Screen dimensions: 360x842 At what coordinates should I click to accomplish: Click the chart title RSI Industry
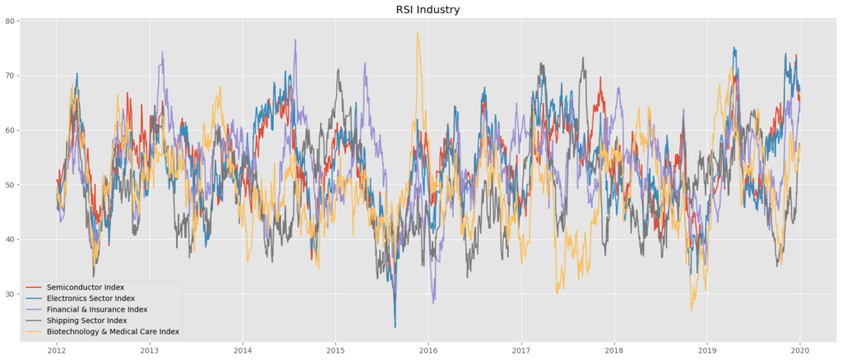pyautogui.click(x=421, y=10)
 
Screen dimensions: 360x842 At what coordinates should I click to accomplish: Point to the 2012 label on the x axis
pyautogui.click(x=57, y=349)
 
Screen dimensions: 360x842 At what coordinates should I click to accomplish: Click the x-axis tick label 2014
pyautogui.click(x=243, y=349)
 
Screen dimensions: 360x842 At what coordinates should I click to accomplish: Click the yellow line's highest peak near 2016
pyautogui.click(x=418, y=33)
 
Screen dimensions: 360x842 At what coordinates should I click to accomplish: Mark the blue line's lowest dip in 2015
pyautogui.click(x=395, y=327)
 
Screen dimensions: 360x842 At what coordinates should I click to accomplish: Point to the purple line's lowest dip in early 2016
pyautogui.click(x=433, y=302)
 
